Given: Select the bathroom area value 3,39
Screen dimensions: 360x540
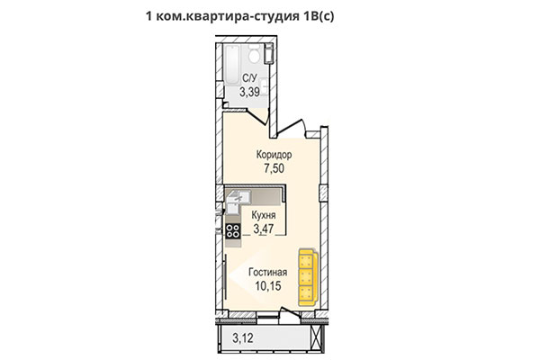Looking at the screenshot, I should (252, 91).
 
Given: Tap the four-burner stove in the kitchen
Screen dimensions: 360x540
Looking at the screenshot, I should (232, 230).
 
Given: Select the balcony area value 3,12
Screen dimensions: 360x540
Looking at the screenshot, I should (241, 339).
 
